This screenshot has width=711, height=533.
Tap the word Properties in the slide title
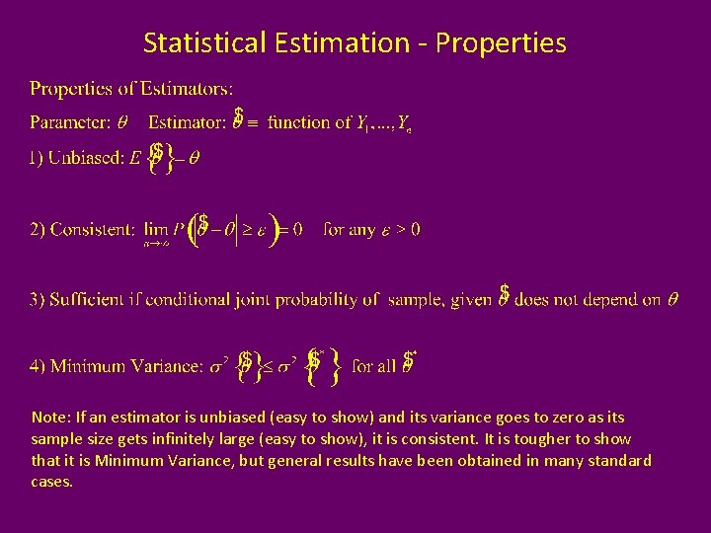tap(501, 43)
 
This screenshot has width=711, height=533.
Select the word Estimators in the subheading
tap(188, 89)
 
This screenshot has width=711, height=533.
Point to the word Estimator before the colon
tap(186, 122)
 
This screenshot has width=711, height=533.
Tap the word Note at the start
tap(46, 418)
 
